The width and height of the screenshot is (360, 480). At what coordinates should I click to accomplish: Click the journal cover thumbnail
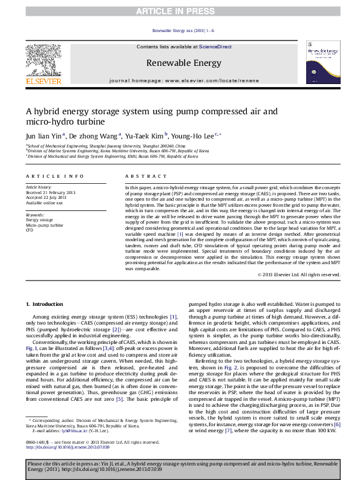click(321, 62)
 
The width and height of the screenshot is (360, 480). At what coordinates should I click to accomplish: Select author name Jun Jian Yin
click(41, 136)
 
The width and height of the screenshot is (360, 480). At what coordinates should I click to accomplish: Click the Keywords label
click(35, 215)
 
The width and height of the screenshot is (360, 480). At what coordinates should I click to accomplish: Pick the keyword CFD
click(29, 230)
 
